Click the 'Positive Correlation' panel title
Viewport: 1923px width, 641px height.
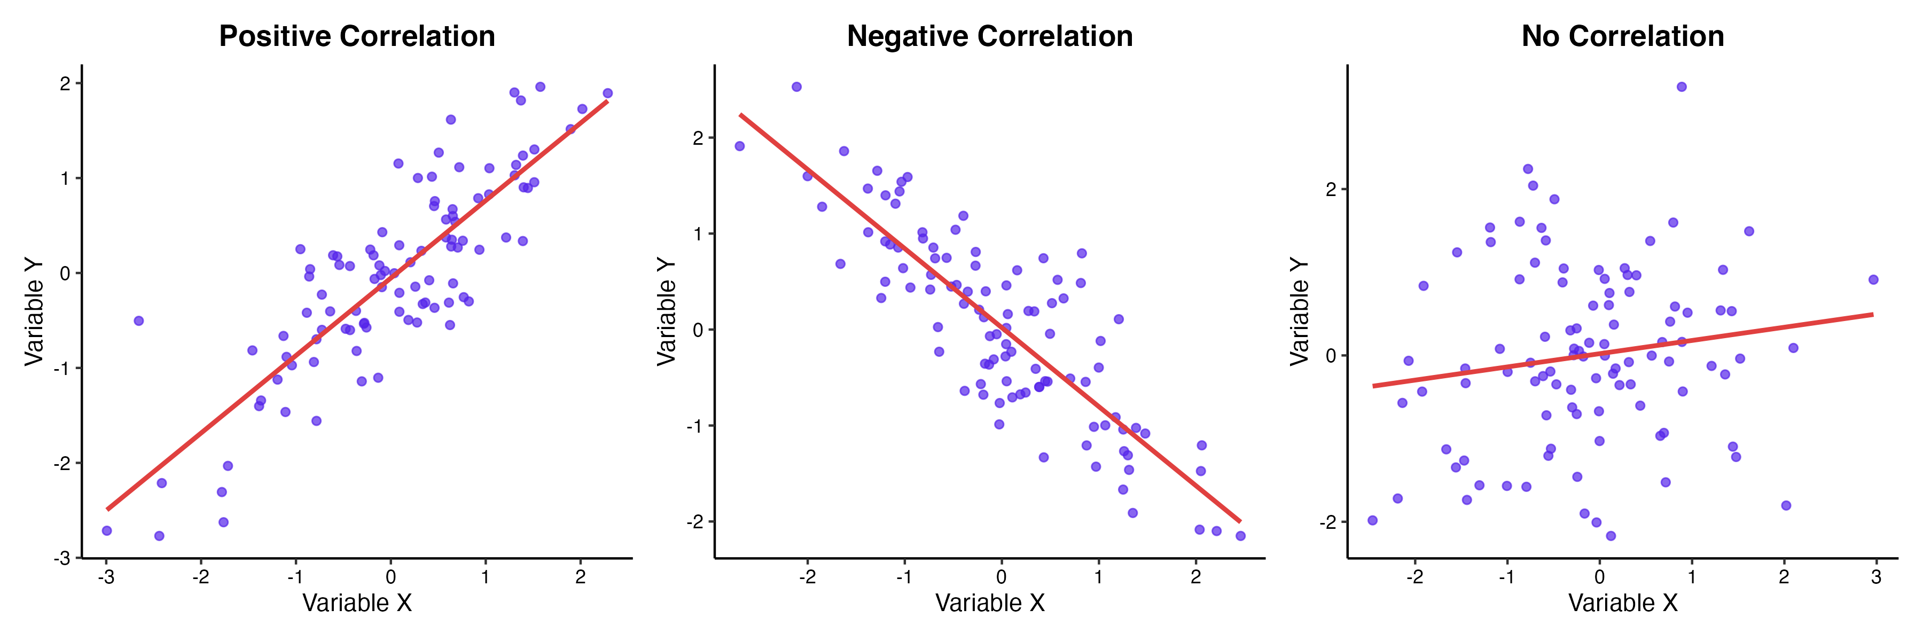[357, 36]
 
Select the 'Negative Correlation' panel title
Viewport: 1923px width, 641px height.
[989, 36]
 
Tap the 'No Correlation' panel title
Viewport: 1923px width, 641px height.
[1622, 36]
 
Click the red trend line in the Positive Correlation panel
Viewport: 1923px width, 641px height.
[357, 305]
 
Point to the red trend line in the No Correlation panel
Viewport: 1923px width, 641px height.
[1622, 350]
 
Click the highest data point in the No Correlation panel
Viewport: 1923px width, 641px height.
[1681, 87]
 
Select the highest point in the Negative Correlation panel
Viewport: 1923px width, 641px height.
[796, 87]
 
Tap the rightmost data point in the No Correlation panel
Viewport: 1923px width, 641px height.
[1873, 280]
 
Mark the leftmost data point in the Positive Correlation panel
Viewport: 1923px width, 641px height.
[107, 530]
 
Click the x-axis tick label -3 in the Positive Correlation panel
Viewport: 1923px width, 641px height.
[106, 577]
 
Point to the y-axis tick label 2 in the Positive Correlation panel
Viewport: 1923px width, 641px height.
[66, 83]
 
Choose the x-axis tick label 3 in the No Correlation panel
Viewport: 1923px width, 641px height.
[1875, 577]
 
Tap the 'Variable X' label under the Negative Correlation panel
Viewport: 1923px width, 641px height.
[989, 603]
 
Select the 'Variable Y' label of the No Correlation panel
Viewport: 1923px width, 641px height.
[1300, 311]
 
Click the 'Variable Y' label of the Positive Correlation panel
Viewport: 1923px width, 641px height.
[34, 311]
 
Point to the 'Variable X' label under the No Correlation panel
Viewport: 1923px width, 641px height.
[1622, 603]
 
